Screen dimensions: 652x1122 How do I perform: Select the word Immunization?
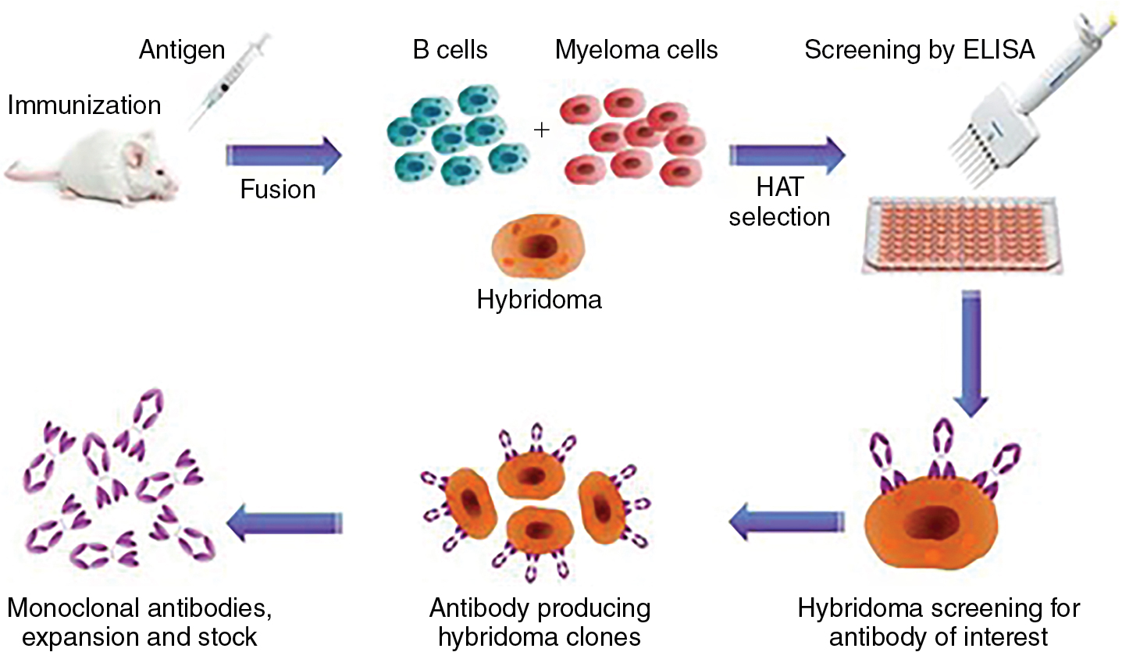coord(84,105)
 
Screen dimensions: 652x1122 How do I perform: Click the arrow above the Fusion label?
coord(283,155)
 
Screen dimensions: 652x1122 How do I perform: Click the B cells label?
coord(450,50)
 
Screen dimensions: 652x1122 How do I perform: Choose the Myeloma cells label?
coord(636,50)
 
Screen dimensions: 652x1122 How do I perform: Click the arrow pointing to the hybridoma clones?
coord(785,522)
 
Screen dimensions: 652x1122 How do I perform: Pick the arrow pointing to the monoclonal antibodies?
coord(285,522)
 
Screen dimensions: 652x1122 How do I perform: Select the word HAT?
coord(780,188)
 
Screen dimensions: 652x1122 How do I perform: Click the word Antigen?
coord(182,50)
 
